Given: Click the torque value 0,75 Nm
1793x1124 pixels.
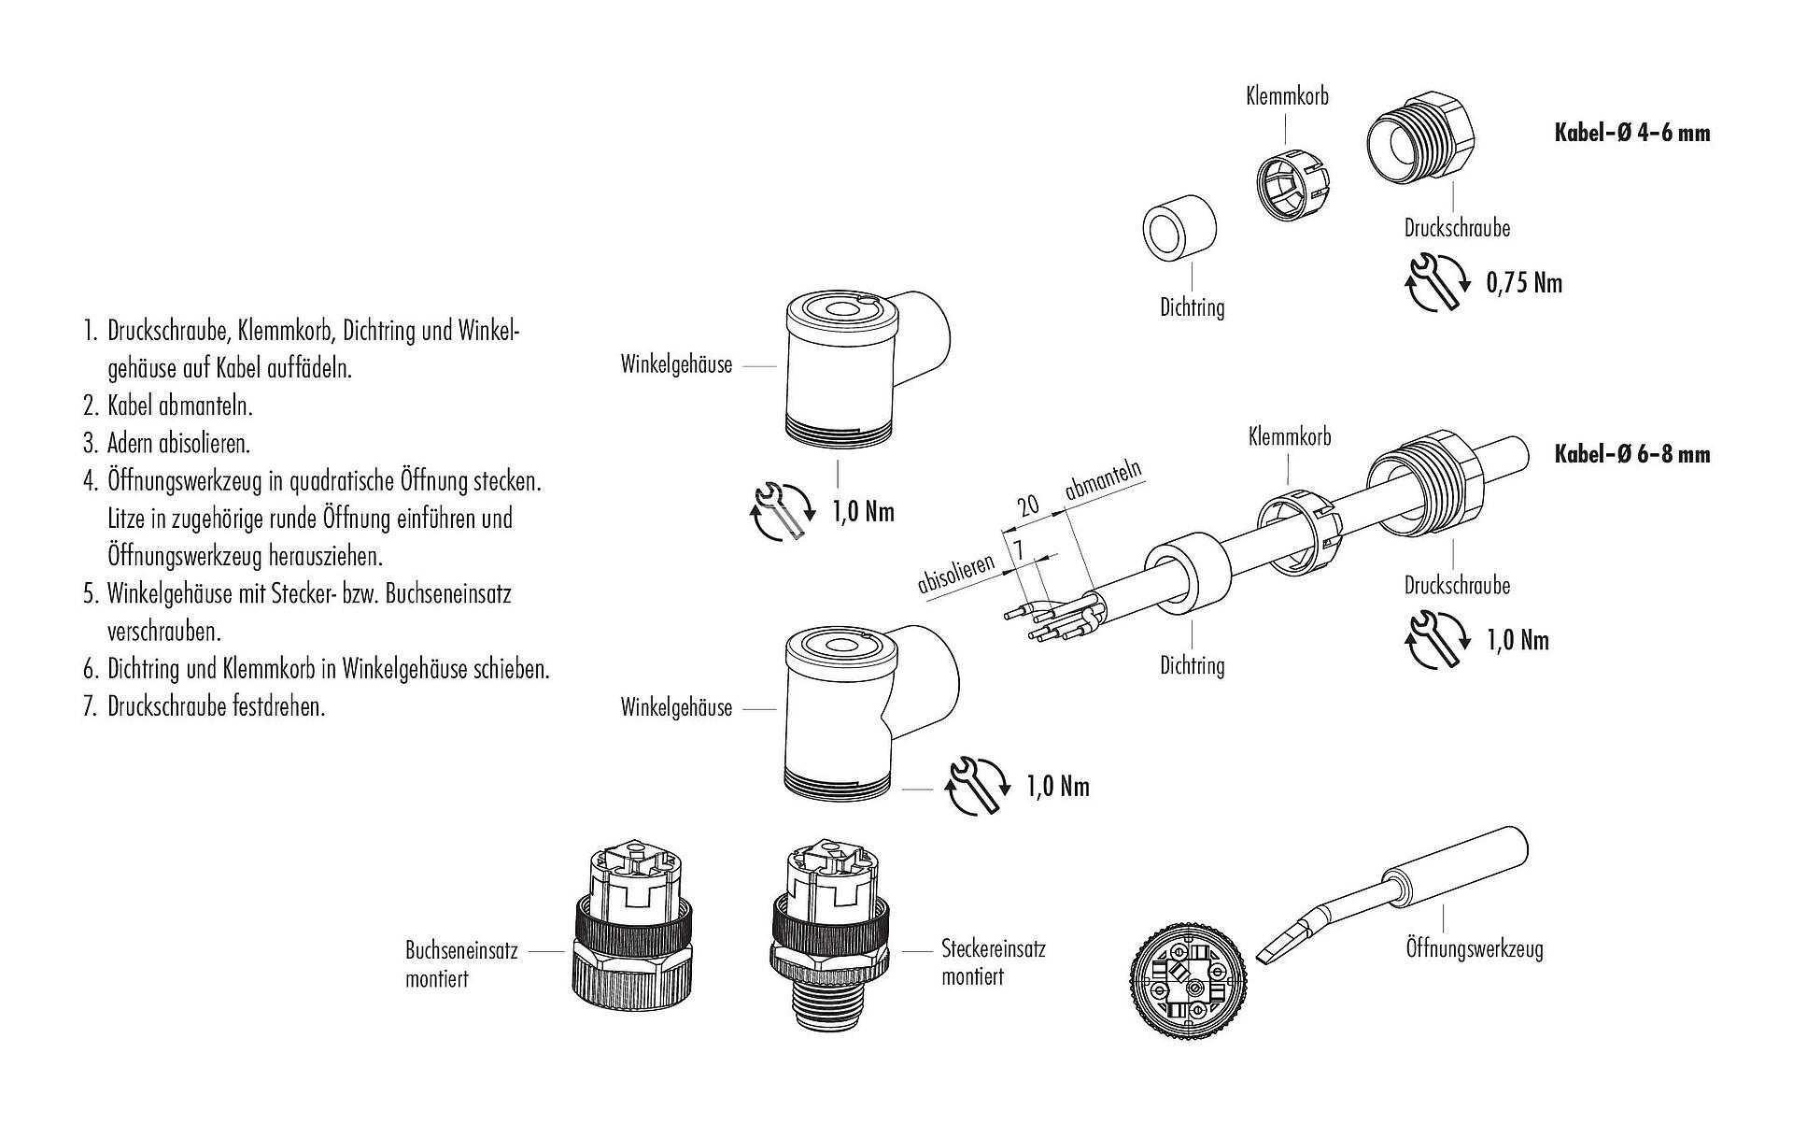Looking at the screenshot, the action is [x=1524, y=282].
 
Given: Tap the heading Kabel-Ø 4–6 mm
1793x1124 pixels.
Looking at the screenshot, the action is [x=1631, y=133].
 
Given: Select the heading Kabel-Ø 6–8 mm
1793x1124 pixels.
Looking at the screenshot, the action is [x=1631, y=454].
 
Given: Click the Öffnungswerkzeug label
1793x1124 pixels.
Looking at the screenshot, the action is [x=1475, y=948].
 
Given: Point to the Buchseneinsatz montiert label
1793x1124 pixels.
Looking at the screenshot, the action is [x=461, y=965].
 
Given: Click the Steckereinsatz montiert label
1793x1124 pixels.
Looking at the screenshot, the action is [x=994, y=963].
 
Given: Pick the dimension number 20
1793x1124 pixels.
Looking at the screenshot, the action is [x=1028, y=505].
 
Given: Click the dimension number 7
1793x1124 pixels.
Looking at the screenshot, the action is [x=1019, y=550].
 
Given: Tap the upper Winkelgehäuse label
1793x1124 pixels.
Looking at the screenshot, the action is [x=676, y=364].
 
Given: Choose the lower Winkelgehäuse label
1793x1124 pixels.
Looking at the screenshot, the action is [x=676, y=707].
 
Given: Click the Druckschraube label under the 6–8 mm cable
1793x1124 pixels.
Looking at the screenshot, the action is [x=1457, y=585].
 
